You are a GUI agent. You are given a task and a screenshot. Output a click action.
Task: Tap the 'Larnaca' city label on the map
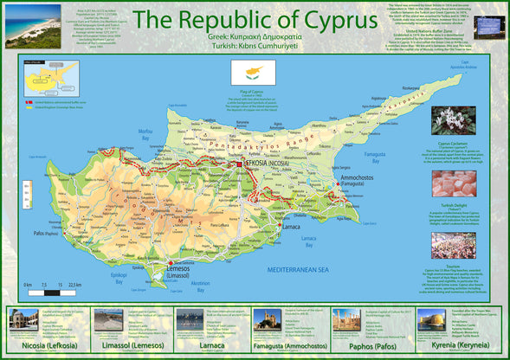(292, 228)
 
